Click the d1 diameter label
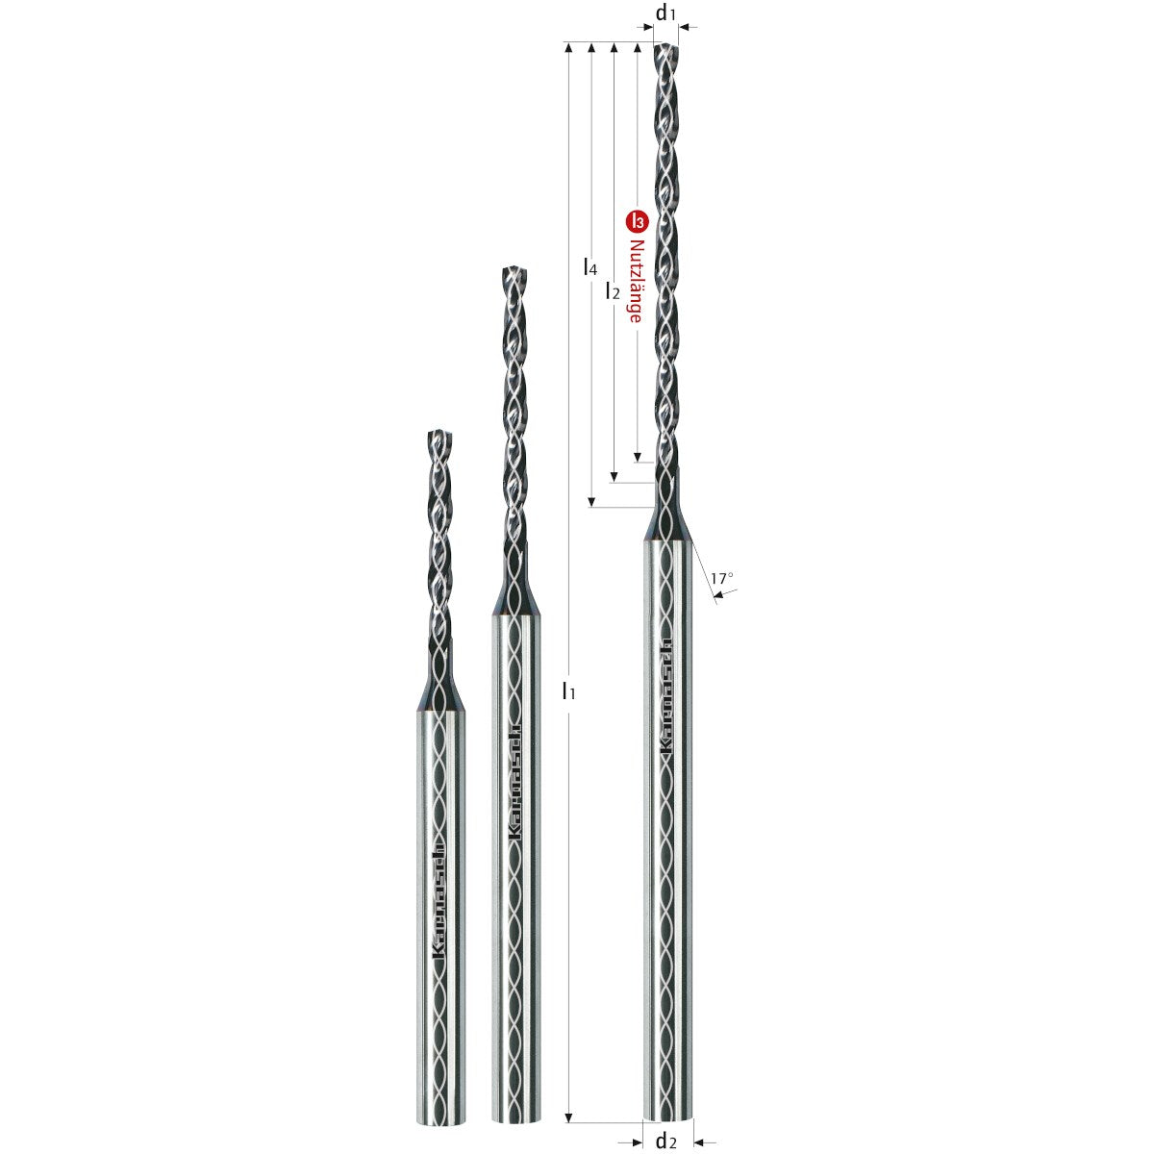point(666,13)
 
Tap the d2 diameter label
point(666,1141)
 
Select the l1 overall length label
point(569,690)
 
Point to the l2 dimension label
point(613,290)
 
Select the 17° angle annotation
point(722,578)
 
